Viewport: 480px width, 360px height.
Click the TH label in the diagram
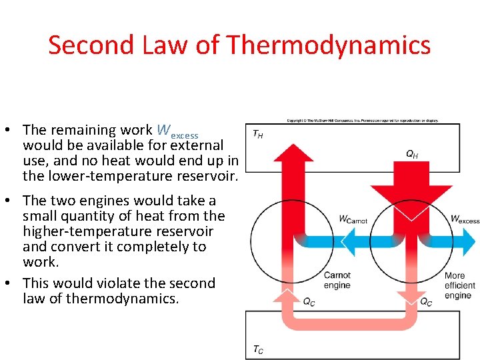click(257, 134)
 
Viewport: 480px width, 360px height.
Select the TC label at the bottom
click(257, 349)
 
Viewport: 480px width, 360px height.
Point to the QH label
click(412, 155)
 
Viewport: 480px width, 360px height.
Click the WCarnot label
click(353, 219)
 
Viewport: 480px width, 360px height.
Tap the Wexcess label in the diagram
click(465, 219)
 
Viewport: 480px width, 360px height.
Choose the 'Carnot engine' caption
click(337, 280)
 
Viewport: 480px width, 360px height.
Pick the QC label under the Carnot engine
click(309, 301)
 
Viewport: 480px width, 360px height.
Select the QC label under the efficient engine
click(425, 301)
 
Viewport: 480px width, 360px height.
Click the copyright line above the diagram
click(363, 121)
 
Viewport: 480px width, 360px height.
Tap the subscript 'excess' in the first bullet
click(185, 135)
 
